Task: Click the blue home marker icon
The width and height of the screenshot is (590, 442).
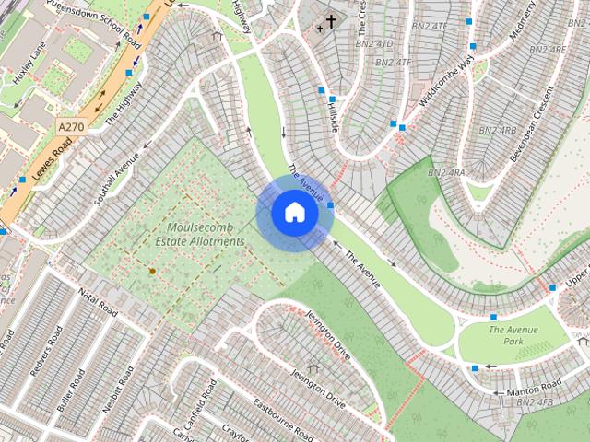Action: point(294,212)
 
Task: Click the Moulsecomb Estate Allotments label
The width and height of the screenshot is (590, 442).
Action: point(206,234)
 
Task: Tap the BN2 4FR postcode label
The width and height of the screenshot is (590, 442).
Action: point(534,402)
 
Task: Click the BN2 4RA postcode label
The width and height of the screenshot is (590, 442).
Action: point(446,172)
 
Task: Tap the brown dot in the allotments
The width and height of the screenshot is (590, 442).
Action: point(152,271)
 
